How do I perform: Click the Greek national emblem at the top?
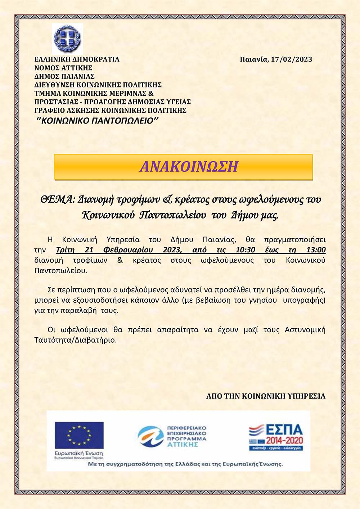point(67,39)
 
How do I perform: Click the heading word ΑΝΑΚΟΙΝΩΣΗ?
point(189,167)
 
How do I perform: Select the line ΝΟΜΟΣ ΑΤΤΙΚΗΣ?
point(63,68)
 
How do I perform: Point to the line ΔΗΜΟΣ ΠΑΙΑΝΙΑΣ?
point(64,76)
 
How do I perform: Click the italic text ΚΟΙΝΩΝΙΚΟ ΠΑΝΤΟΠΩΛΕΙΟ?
point(98,121)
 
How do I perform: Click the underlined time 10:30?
point(246,250)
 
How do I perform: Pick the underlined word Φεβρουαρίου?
point(128,250)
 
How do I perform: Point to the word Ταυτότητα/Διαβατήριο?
point(76,340)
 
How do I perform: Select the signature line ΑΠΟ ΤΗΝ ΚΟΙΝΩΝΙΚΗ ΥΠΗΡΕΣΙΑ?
point(266,396)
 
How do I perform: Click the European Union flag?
point(79,435)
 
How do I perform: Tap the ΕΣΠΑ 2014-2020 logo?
point(276,437)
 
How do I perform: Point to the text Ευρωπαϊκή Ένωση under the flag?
point(79,453)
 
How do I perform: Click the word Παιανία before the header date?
point(254,59)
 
